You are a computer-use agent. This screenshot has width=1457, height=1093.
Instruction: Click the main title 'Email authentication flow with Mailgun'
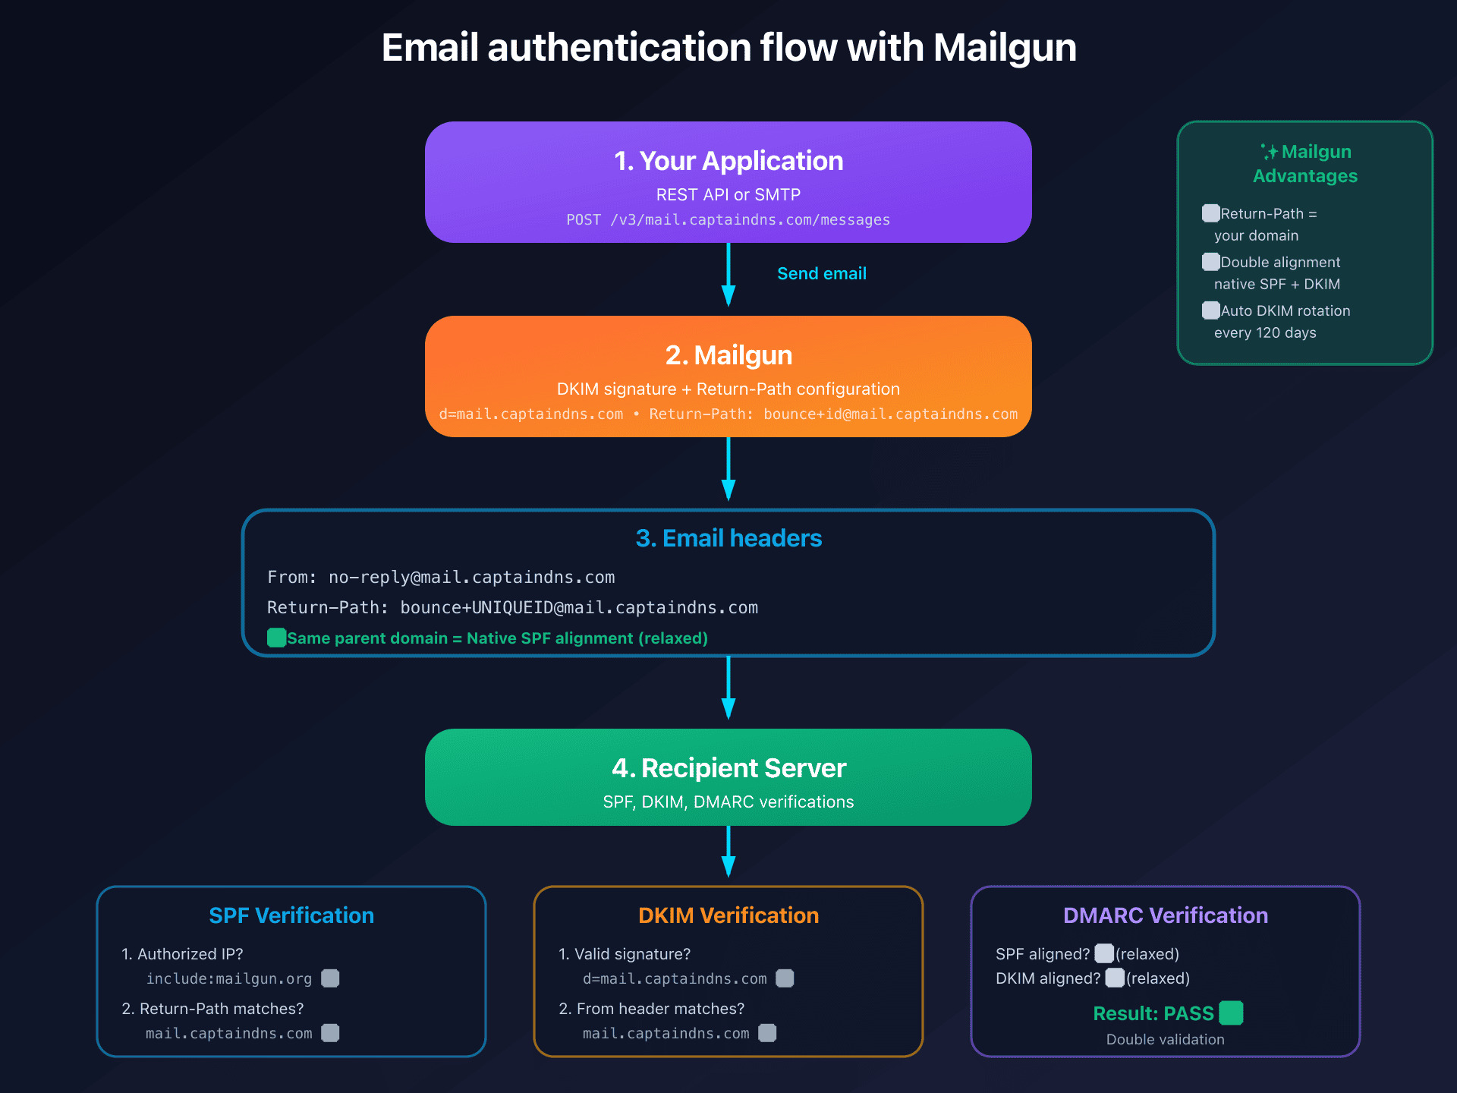(x=728, y=48)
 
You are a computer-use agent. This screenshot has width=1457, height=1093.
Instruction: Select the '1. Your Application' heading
(x=728, y=161)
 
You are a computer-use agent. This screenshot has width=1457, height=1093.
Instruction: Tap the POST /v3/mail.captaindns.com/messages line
(x=728, y=220)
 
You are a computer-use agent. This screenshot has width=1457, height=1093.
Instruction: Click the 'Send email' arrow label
(x=821, y=273)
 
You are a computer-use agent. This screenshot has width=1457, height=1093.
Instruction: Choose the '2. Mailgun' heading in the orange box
(x=728, y=355)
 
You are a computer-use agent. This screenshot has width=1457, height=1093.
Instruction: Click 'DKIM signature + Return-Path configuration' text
(x=728, y=389)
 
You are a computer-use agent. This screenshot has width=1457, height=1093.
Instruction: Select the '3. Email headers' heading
(x=728, y=538)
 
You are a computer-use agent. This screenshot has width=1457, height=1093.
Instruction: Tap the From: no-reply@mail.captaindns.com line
(x=441, y=577)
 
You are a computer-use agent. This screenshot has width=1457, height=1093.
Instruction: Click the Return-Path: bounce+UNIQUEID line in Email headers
(x=512, y=607)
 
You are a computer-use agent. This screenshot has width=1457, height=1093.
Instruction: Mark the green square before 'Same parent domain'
(x=277, y=638)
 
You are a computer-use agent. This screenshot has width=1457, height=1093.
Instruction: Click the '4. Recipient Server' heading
(x=728, y=768)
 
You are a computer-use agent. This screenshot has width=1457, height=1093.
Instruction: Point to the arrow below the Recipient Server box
(x=728, y=852)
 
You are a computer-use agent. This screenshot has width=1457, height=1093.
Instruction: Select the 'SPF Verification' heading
(x=291, y=915)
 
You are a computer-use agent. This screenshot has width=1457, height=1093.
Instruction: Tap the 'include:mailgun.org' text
(x=229, y=979)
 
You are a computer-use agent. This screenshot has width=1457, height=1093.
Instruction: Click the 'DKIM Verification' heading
(x=728, y=915)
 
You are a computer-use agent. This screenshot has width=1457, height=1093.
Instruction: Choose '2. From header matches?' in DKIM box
(x=652, y=1009)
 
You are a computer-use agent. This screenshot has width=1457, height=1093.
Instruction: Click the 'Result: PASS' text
(x=1153, y=1013)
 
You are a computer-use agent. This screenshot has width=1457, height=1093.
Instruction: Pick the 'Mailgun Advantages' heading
(x=1305, y=164)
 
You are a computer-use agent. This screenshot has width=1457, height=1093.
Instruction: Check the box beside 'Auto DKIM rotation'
(x=1211, y=310)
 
